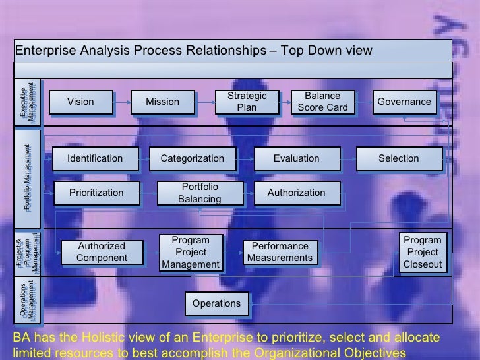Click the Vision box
pos(80,102)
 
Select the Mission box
pos(162,102)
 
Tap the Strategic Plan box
pos(247,102)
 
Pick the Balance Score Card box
pos(322,102)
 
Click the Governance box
pos(404,102)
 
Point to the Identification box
pos(95,158)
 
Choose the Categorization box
pos(192,158)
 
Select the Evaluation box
pos(296,158)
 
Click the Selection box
pos(398,158)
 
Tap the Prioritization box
pos(96,193)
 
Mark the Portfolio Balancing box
pos(199,193)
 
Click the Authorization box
pos(296,193)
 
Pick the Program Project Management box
pos(191,252)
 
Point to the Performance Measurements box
pos(280,252)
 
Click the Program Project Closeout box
pos(423,252)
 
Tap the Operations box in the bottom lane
pos(216,303)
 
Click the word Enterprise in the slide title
pos(44,51)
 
